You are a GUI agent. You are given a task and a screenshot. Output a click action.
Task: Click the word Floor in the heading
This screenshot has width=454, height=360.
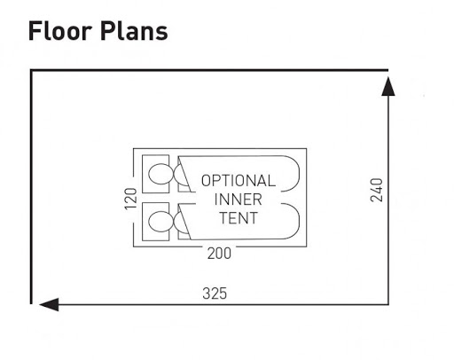click(60, 31)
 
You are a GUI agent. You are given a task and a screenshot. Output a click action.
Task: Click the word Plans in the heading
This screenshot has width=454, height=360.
click(134, 31)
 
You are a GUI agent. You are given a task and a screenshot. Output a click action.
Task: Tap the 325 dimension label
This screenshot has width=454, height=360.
click(215, 293)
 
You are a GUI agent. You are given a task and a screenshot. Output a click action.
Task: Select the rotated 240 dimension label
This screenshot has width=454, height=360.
click(376, 190)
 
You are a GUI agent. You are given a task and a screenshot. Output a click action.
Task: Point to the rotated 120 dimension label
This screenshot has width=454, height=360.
click(130, 199)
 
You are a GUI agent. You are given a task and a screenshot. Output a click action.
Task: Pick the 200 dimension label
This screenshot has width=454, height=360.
click(219, 254)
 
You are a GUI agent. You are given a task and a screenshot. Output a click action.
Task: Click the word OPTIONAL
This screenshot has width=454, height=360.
click(239, 181)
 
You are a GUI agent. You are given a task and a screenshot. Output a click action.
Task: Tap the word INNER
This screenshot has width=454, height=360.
click(239, 200)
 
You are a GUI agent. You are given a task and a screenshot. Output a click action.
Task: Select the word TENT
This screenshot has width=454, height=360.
click(239, 218)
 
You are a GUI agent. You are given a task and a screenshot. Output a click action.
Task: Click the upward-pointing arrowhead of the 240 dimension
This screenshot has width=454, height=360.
click(388, 86)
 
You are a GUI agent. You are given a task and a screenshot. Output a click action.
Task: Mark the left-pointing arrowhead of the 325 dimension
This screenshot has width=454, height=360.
click(49, 304)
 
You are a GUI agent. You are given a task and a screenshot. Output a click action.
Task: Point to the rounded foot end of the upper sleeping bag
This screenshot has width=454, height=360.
click(299, 174)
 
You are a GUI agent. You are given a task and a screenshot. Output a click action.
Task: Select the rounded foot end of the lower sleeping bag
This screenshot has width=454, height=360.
click(299, 221)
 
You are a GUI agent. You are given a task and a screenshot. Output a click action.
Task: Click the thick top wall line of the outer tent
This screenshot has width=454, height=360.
click(209, 70)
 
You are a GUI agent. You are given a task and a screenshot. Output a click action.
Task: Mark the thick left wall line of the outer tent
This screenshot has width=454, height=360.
click(31, 187)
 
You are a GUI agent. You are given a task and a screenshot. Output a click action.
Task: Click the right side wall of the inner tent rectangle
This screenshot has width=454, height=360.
click(307, 198)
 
